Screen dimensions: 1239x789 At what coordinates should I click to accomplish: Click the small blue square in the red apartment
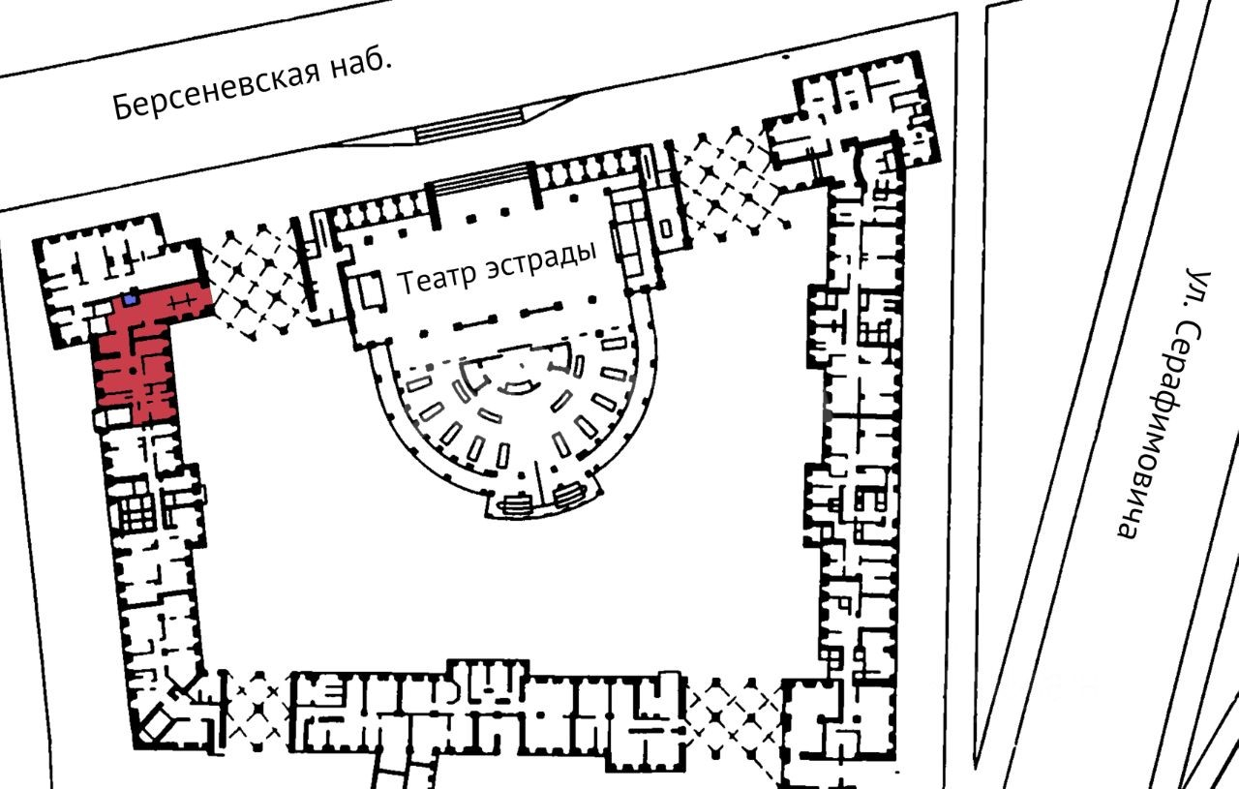click(130, 300)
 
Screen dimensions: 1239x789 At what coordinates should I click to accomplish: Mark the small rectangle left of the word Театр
click(373, 289)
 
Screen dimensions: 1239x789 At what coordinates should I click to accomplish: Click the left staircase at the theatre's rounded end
click(515, 503)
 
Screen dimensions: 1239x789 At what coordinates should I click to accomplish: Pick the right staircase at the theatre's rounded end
click(570, 495)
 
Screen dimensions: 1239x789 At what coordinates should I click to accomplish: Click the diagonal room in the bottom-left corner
click(157, 722)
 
